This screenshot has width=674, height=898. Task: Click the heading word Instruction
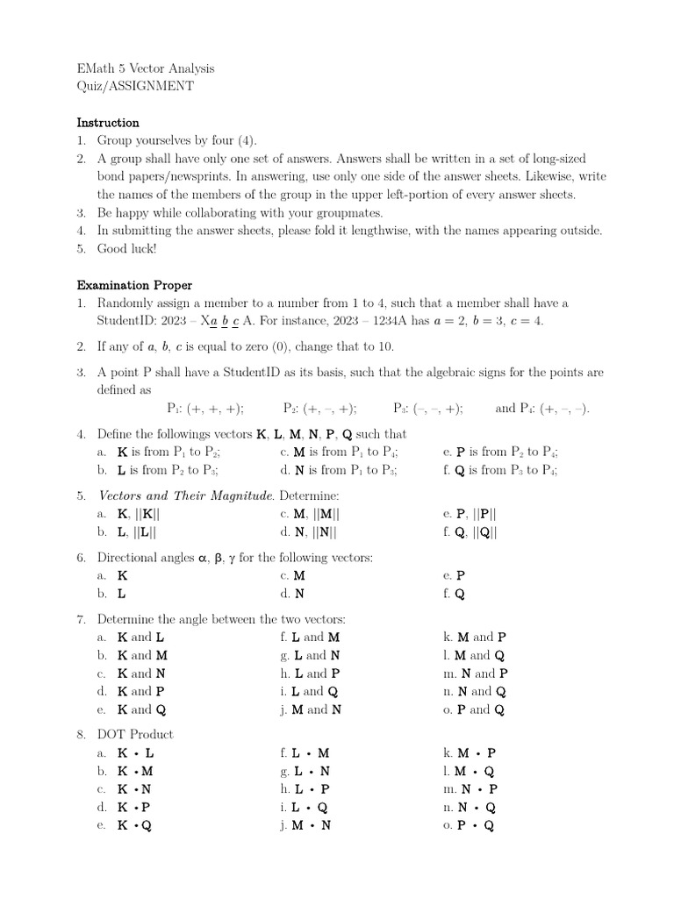(108, 122)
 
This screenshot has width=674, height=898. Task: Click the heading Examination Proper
(134, 285)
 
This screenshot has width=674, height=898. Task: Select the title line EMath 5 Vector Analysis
(146, 68)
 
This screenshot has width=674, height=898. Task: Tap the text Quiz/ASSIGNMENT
(135, 86)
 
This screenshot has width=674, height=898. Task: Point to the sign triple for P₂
(320, 408)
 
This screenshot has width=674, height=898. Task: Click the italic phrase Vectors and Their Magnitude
(185, 495)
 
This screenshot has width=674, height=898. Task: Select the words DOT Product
(135, 734)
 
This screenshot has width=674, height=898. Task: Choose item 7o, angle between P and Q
(475, 709)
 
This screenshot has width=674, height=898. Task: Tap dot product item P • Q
(474, 825)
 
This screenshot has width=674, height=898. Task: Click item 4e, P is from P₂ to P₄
(501, 452)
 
